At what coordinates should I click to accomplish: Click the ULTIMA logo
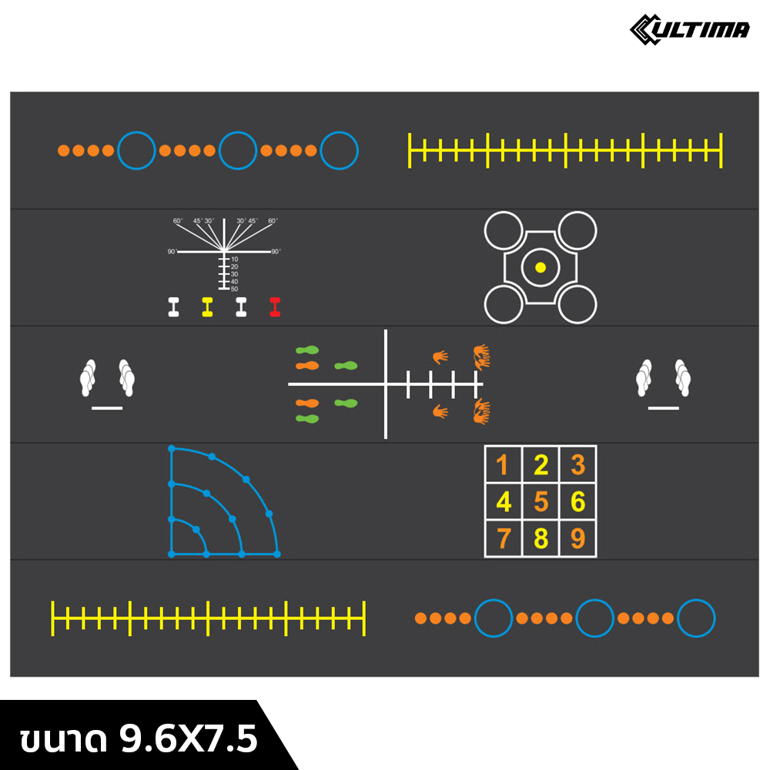pyautogui.click(x=689, y=29)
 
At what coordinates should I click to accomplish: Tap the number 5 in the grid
pyautogui.click(x=541, y=502)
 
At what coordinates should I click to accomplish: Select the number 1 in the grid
pyautogui.click(x=502, y=465)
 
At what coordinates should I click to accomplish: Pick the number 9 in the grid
pyautogui.click(x=577, y=538)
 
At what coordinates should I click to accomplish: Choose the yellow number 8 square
pyautogui.click(x=541, y=538)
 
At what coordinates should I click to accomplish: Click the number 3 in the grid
pyautogui.click(x=577, y=465)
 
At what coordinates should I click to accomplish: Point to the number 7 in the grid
pyautogui.click(x=503, y=538)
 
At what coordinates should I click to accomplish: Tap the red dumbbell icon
pyautogui.click(x=275, y=307)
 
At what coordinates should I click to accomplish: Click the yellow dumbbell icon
pyautogui.click(x=207, y=307)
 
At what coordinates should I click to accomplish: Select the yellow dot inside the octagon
pyautogui.click(x=540, y=267)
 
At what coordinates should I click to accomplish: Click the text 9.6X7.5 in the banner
pyautogui.click(x=189, y=739)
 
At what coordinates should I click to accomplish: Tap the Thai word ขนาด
pyautogui.click(x=62, y=740)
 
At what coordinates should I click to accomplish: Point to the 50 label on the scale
pyautogui.click(x=234, y=289)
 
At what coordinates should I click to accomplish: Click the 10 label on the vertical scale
pyautogui.click(x=234, y=259)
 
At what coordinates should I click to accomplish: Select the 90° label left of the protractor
pyautogui.click(x=172, y=252)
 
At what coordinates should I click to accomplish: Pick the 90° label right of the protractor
pyautogui.click(x=276, y=252)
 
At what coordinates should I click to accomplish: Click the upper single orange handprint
pyautogui.click(x=440, y=357)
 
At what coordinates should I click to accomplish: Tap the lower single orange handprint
pyautogui.click(x=440, y=411)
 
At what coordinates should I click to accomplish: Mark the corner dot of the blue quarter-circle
pyautogui.click(x=171, y=554)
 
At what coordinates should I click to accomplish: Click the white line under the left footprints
pyautogui.click(x=107, y=407)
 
